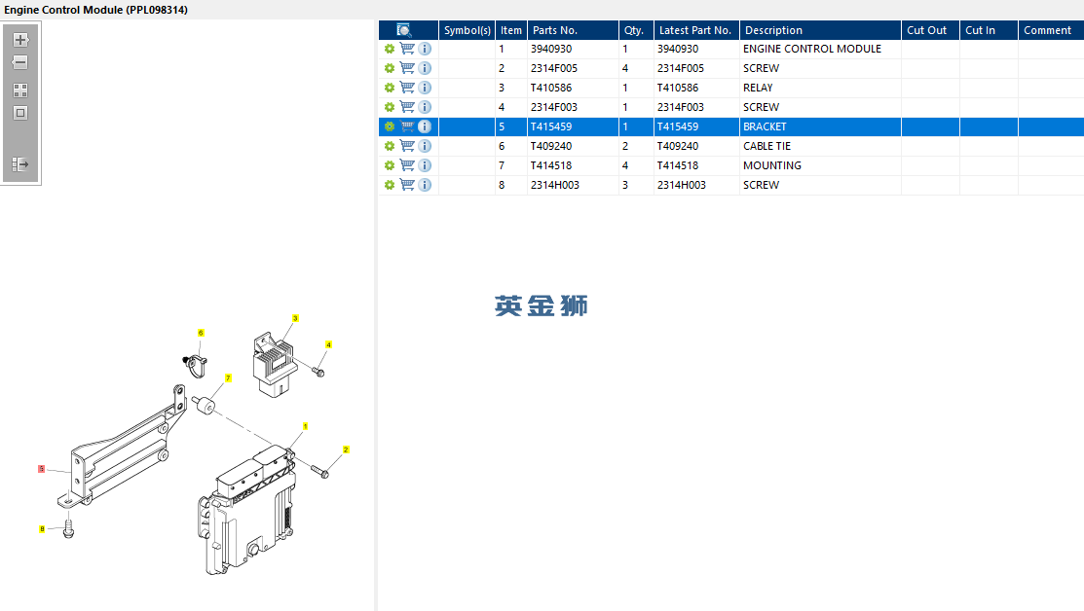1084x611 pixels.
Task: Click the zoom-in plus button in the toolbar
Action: [x=20, y=40]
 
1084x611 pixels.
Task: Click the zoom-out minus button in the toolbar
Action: [x=20, y=62]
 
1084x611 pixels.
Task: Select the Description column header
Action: [x=773, y=30]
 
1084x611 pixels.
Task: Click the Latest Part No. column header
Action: [x=695, y=30]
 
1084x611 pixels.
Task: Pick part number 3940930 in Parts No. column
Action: [x=551, y=49]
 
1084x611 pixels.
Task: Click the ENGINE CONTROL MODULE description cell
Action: [x=811, y=49]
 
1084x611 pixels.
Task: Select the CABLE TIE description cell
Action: [x=766, y=146]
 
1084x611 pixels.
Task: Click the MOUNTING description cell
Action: [x=771, y=165]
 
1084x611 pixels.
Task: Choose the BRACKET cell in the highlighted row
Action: [x=765, y=126]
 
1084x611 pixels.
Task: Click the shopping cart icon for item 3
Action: [x=407, y=88]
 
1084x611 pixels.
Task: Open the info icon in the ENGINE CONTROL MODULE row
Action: [x=425, y=49]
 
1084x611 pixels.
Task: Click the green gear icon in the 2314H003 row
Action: [x=390, y=185]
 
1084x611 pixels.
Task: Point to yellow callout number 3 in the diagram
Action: [x=295, y=318]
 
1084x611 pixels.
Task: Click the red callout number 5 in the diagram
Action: [x=41, y=469]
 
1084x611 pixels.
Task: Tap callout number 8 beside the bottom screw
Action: [x=42, y=529]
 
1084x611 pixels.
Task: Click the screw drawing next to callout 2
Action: [x=320, y=471]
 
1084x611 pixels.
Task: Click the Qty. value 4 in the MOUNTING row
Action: [x=625, y=165]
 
